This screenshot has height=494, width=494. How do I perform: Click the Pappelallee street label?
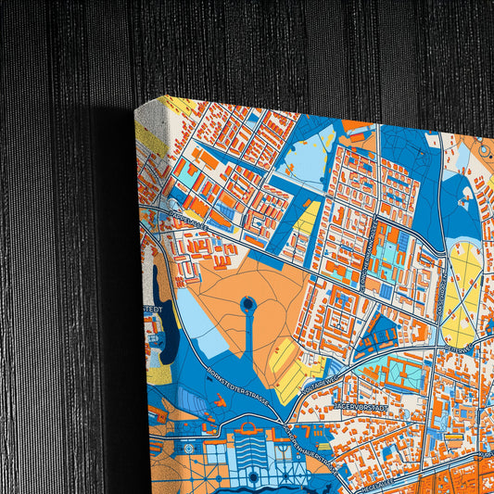click(x=188, y=222)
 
